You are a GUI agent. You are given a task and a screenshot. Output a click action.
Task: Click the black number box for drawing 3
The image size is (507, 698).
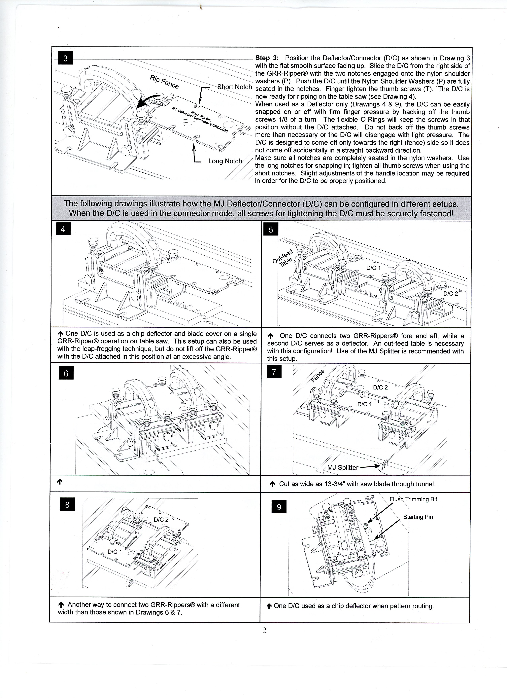click(x=65, y=58)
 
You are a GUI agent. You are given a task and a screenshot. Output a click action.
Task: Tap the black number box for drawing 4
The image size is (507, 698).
click(x=63, y=229)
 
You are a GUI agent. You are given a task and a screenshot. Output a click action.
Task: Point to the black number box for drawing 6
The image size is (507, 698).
click(x=66, y=373)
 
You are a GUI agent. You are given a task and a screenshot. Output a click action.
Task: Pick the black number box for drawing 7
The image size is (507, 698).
click(x=274, y=372)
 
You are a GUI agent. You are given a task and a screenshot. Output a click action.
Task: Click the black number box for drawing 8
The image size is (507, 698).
click(x=67, y=505)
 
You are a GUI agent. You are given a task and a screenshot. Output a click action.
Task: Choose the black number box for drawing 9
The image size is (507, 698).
click(x=279, y=507)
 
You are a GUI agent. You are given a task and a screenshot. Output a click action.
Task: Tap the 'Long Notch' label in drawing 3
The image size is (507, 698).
click(x=225, y=161)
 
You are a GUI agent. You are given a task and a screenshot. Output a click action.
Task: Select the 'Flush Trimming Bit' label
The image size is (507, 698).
click(x=413, y=499)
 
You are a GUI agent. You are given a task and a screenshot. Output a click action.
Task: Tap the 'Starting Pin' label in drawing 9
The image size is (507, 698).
click(x=418, y=517)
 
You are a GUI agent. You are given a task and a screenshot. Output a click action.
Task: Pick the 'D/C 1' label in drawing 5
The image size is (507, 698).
click(x=373, y=268)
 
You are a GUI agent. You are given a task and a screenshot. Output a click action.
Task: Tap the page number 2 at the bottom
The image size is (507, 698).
click(x=264, y=631)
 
